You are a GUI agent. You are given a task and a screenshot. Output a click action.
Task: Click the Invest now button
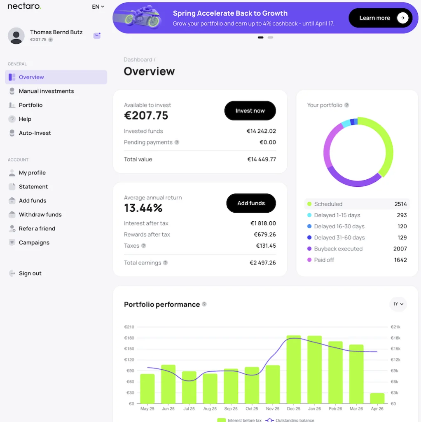point(250,111)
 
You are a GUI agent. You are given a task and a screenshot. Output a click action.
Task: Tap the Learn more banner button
point(380,18)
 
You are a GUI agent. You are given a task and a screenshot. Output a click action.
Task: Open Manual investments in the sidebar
point(46,91)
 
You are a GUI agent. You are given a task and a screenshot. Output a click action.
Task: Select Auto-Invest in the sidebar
point(35,133)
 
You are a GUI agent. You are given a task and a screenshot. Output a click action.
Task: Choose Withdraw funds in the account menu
point(40,215)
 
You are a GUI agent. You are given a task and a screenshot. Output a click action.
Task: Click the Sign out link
point(30,273)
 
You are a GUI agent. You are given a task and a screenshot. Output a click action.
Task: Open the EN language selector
point(98,7)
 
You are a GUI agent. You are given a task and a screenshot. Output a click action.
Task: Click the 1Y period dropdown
point(398,304)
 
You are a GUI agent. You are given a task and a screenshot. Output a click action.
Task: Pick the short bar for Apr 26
point(377,398)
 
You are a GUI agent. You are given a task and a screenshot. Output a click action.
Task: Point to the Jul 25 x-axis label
point(189,409)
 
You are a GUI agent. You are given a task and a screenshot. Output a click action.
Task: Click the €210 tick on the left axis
point(129,327)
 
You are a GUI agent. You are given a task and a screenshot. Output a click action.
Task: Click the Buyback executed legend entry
point(338,249)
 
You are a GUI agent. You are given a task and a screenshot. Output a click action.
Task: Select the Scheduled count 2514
point(400,204)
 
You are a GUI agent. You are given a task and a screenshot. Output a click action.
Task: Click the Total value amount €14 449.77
point(262,159)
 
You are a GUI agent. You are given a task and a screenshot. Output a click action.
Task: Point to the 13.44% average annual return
point(143,208)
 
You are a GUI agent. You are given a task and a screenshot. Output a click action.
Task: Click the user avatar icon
point(16,36)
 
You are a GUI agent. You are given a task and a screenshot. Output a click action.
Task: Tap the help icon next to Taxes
point(144,246)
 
